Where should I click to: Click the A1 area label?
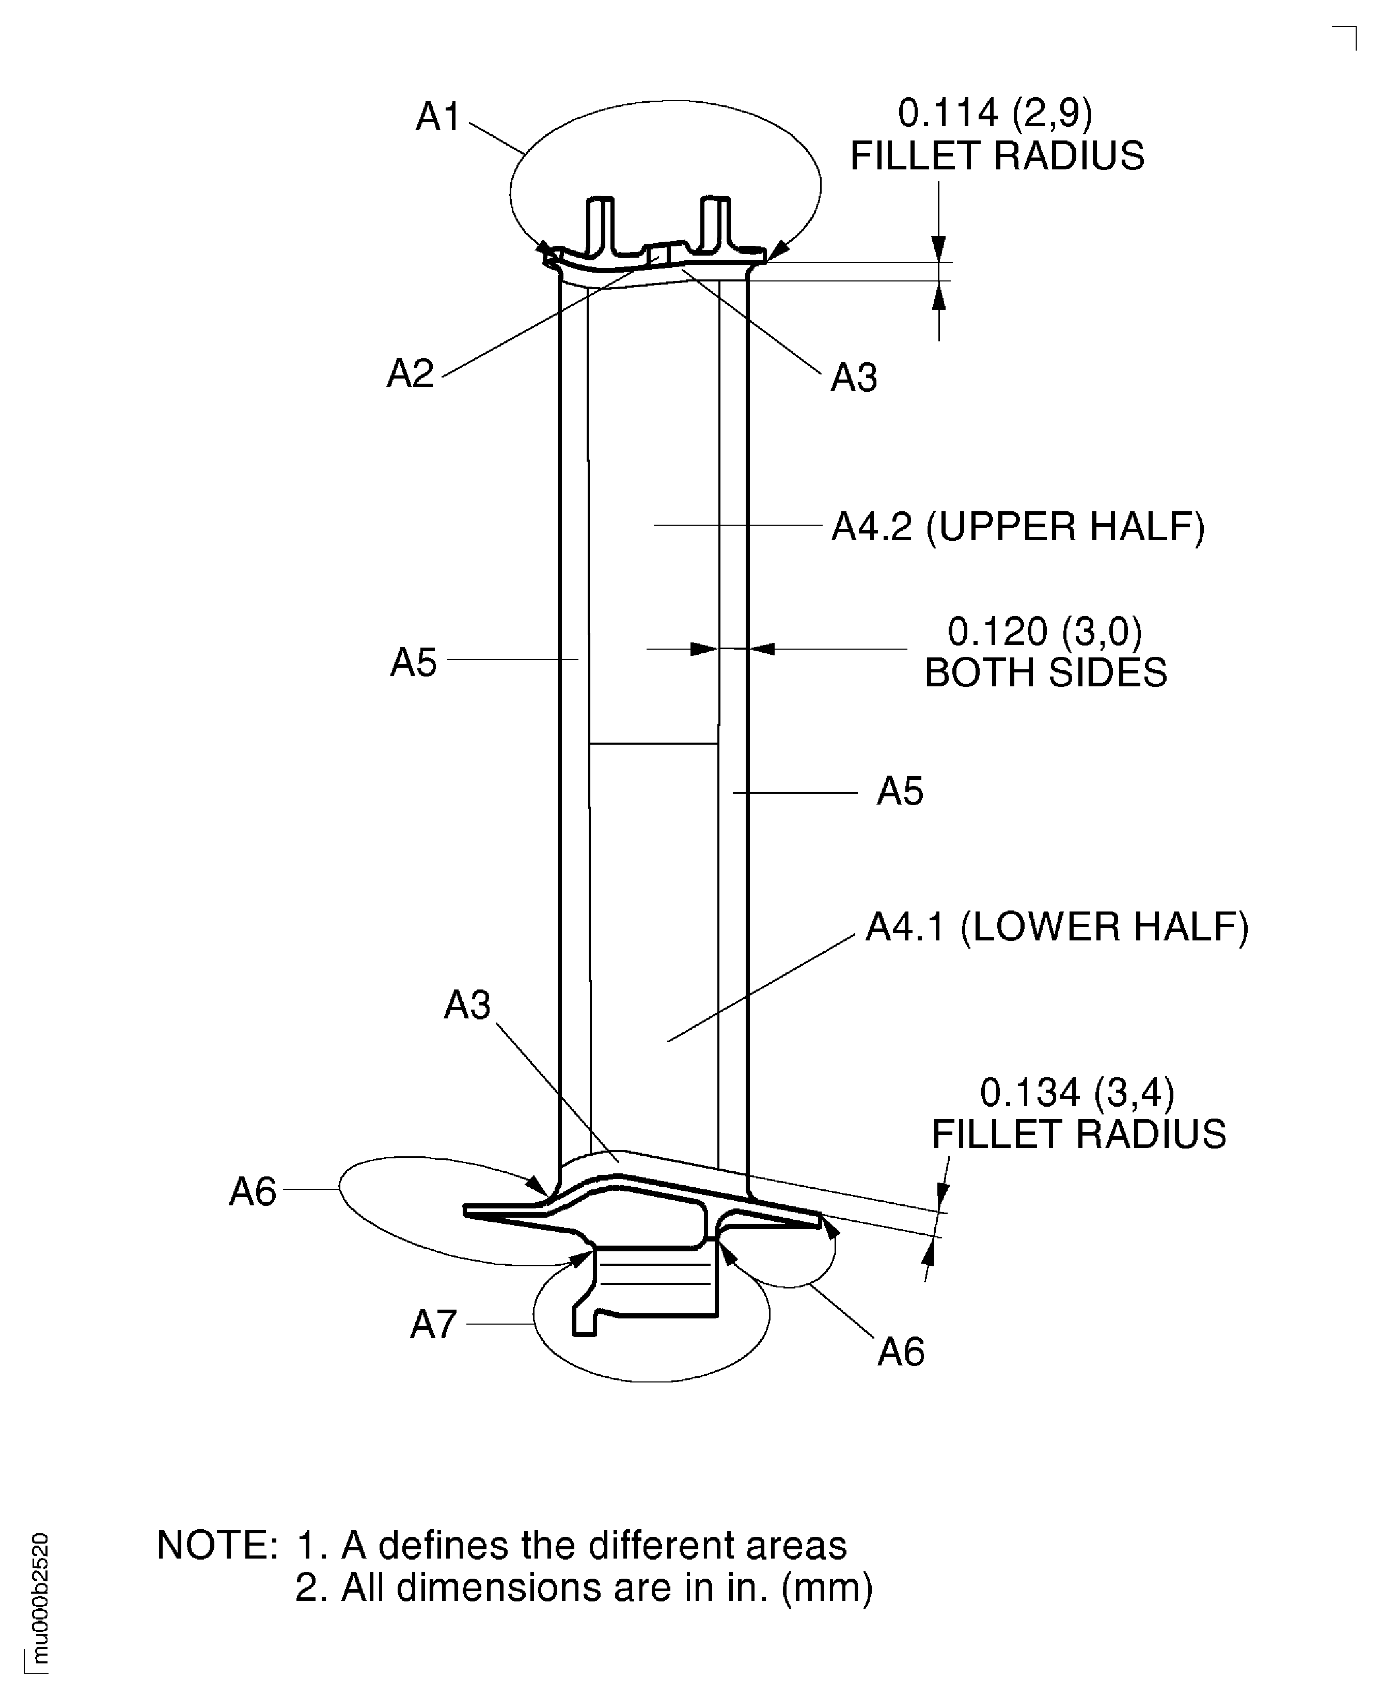coord(438,118)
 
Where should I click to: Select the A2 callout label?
coord(410,373)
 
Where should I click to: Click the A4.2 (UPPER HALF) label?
coord(1017,527)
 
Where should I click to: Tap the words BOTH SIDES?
coord(1045,673)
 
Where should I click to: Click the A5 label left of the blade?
coord(413,663)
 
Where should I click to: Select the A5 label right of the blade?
coord(900,792)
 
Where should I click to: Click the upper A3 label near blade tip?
coord(853,378)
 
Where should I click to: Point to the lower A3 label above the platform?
coord(467,1005)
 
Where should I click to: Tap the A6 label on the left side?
coord(253,1192)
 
